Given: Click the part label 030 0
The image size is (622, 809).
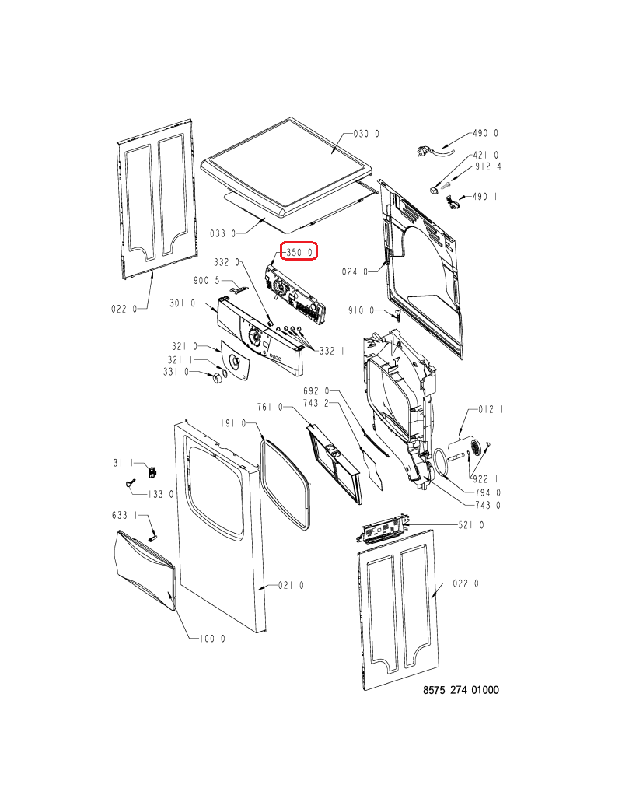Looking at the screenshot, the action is [x=366, y=134].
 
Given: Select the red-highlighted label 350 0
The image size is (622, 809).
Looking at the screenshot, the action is [x=298, y=251].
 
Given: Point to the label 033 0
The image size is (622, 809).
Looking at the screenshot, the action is [x=223, y=233].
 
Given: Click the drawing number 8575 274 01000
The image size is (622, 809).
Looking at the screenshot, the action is [x=461, y=690].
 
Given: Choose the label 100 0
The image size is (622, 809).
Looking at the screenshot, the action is [x=212, y=639].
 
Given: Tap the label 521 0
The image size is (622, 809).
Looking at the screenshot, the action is [x=471, y=525].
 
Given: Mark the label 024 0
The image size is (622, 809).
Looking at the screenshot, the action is [x=355, y=271].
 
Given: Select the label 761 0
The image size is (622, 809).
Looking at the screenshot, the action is [x=270, y=407].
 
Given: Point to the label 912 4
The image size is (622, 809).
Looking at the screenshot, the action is [x=487, y=166].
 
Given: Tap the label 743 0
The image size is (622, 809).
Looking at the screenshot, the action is [x=488, y=505].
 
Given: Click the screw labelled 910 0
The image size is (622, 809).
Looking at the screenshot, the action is [x=397, y=316].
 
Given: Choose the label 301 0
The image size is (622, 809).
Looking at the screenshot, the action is [x=183, y=303].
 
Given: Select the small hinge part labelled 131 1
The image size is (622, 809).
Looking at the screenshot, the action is [x=152, y=471].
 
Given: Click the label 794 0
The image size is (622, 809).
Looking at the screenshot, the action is [x=488, y=492].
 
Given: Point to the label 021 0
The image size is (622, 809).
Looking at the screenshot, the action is [x=291, y=585].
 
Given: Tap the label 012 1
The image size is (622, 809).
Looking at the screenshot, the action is [x=491, y=409].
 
